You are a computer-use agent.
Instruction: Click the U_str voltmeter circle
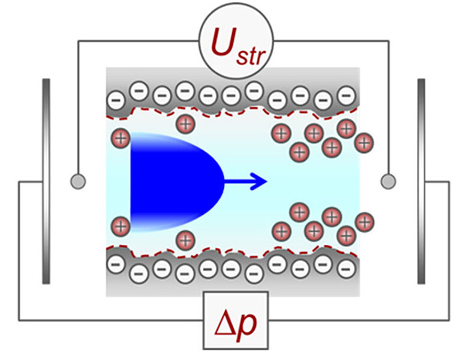coord(233,42)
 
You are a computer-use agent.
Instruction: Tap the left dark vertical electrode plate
coord(46,181)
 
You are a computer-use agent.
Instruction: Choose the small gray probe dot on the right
coord(388,180)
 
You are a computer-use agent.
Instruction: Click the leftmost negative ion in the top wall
coord(116,98)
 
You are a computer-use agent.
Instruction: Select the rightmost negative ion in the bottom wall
coord(344,268)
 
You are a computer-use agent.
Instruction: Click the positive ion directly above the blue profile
coord(185,124)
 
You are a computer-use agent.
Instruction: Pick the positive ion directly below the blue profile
coord(185,240)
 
